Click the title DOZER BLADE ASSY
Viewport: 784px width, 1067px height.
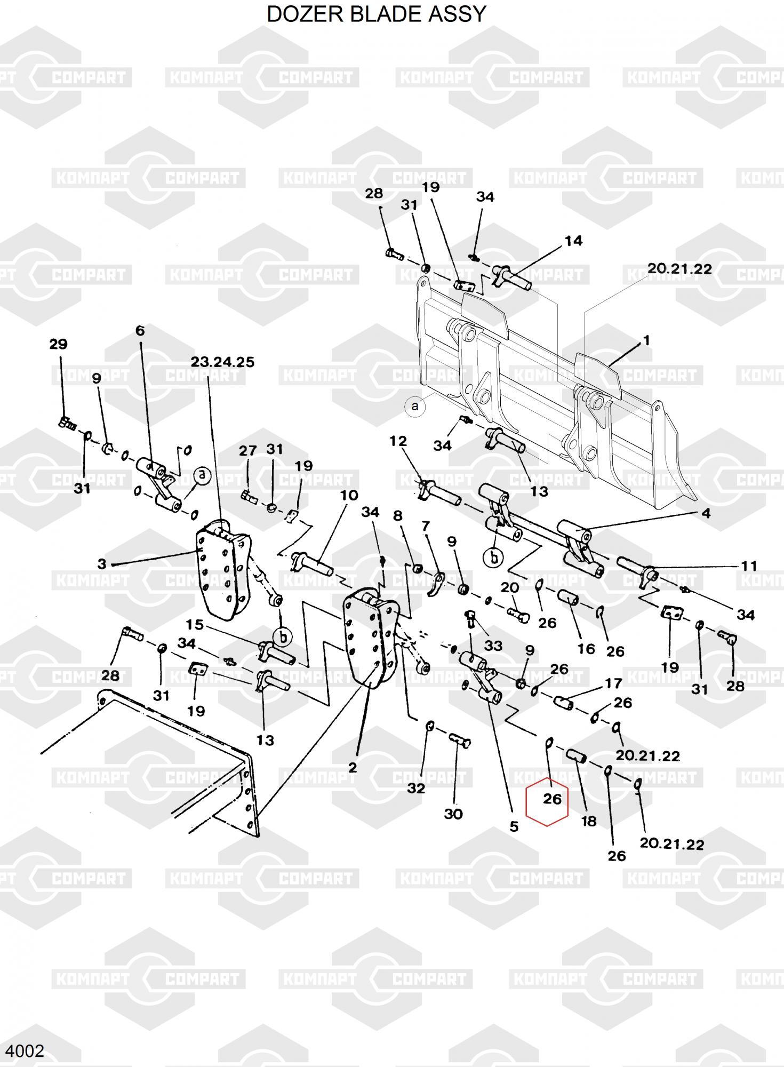click(x=377, y=14)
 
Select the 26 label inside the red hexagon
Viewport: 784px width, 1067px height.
click(x=553, y=799)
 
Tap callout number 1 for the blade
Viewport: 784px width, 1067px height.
click(x=646, y=340)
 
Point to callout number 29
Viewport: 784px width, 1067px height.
click(x=58, y=344)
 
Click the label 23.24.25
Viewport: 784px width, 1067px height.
click(x=222, y=362)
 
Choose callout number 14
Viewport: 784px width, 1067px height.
click(x=573, y=241)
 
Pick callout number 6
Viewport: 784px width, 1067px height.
click(x=140, y=331)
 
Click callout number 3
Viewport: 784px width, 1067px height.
click(x=102, y=563)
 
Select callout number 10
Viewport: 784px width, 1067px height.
click(x=349, y=496)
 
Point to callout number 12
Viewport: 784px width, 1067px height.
click(x=398, y=441)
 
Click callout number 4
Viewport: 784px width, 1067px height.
click(x=706, y=513)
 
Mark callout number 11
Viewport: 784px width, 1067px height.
click(x=749, y=566)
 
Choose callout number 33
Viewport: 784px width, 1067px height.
click(x=493, y=646)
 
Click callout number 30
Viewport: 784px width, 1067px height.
click(x=453, y=814)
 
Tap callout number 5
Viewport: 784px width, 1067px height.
click(x=514, y=826)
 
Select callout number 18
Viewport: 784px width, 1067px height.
click(x=588, y=821)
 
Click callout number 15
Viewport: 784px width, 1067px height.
click(x=195, y=624)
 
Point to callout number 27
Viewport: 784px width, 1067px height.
click(x=247, y=451)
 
